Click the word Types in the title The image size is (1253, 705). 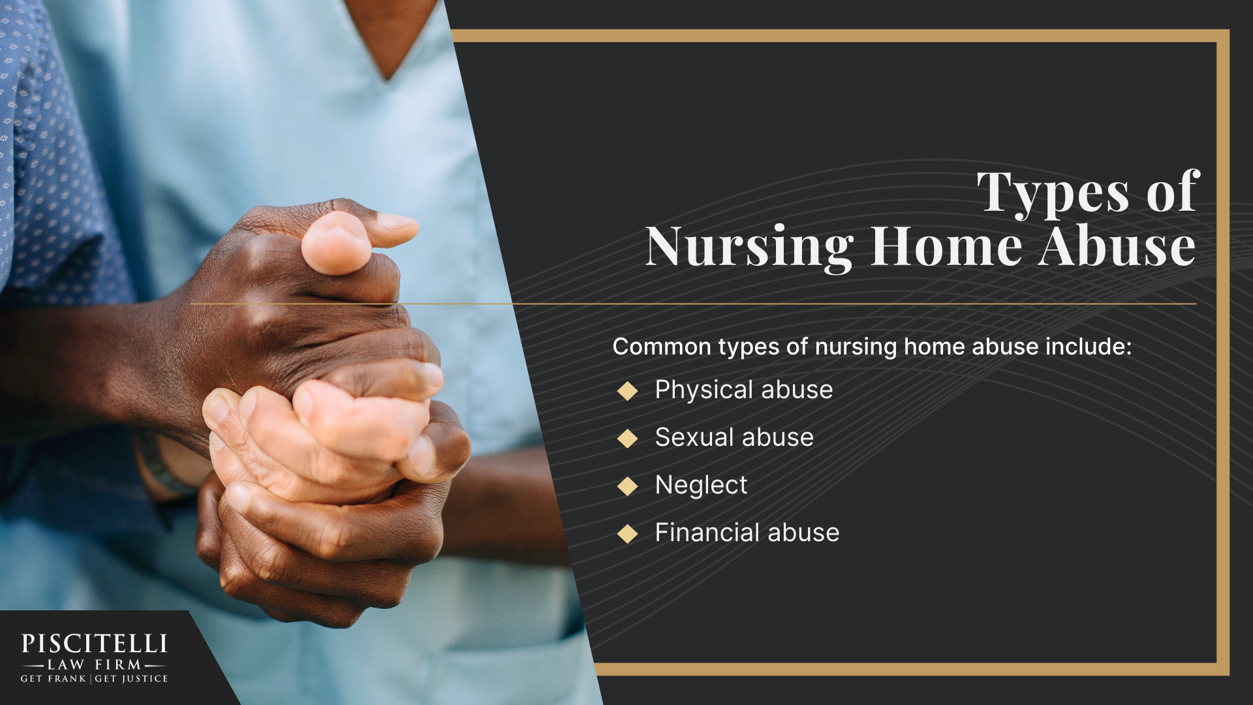click(1052, 193)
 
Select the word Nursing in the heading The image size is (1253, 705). click(749, 247)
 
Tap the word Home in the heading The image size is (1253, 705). click(946, 247)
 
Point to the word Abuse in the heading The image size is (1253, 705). click(1117, 247)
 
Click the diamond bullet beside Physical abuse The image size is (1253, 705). click(627, 391)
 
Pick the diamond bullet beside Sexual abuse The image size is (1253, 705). click(627, 439)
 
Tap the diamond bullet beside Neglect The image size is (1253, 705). click(627, 486)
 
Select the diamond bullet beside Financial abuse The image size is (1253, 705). click(627, 534)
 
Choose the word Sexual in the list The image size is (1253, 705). click(692, 437)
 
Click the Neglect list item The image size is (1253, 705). click(701, 485)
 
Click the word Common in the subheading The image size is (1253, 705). click(662, 347)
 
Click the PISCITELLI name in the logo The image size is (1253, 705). click(95, 644)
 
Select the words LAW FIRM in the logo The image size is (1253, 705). click(95, 665)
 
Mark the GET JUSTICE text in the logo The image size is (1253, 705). click(131, 679)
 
